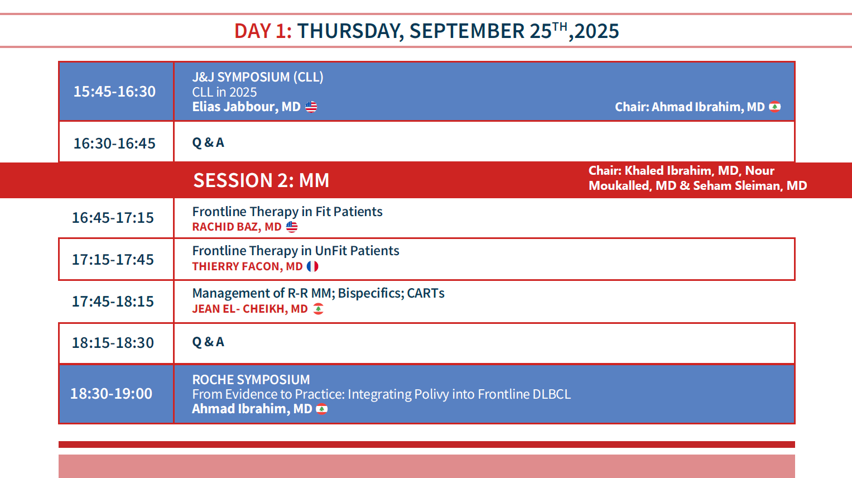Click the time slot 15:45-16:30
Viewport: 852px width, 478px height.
[114, 92]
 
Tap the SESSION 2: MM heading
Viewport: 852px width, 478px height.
[261, 180]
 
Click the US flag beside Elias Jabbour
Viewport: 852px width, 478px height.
[311, 107]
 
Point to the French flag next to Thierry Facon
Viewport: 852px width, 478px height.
[312, 266]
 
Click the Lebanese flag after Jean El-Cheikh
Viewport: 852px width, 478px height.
[319, 309]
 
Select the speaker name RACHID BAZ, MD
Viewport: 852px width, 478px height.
[237, 227]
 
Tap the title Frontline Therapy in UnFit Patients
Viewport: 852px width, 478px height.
[296, 251]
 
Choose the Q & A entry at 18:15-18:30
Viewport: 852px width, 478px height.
[208, 342]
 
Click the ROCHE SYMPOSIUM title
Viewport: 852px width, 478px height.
[251, 379]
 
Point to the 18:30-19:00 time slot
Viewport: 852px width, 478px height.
[111, 394]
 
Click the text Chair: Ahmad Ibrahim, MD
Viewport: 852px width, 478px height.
[690, 107]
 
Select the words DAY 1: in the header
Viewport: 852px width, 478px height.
[263, 31]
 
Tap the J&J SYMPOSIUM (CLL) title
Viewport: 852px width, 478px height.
[258, 77]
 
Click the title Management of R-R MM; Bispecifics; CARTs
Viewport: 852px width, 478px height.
[319, 293]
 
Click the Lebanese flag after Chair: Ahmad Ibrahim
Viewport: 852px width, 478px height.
[775, 107]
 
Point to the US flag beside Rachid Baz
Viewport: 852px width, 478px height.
[292, 227]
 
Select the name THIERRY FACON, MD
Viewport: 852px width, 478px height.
[247, 266]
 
